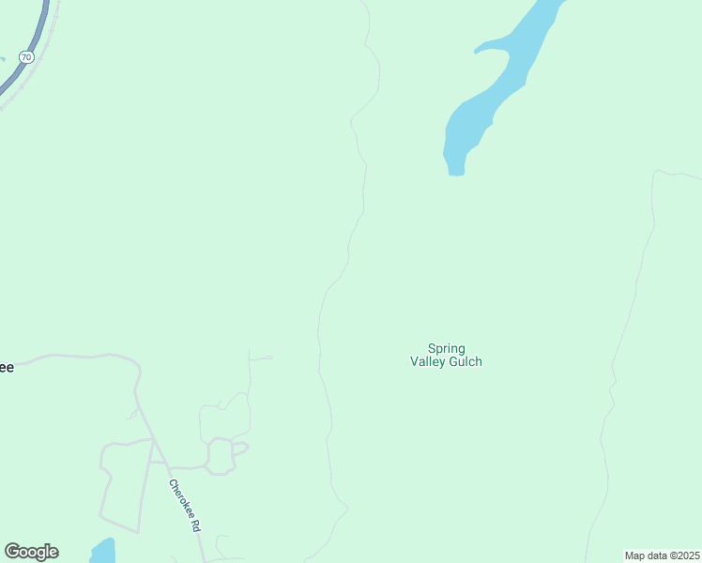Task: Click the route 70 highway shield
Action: [x=26, y=57]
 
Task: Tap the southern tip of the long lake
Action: [x=456, y=171]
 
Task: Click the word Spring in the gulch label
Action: [x=447, y=349]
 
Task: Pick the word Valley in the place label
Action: [x=427, y=362]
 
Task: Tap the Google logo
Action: [x=31, y=552]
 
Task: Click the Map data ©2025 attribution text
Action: [x=662, y=555]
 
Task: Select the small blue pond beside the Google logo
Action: [x=102, y=551]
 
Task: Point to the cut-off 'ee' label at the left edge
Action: [x=6, y=368]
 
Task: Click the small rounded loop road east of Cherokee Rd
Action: [x=220, y=456]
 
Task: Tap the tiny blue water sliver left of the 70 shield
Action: [x=2, y=58]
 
